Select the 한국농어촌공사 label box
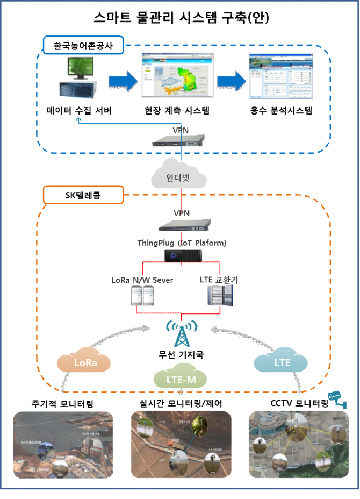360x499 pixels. tap(84, 47)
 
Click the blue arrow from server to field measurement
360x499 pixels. tap(123, 82)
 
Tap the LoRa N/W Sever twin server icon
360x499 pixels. tap(143, 295)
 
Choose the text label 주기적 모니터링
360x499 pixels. tap(62, 403)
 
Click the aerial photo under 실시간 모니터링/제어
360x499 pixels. tap(181, 445)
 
